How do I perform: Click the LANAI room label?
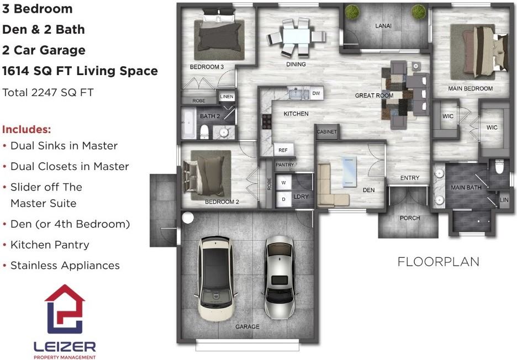[383, 26]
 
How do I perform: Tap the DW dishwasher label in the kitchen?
[316, 93]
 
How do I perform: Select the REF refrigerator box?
[283, 150]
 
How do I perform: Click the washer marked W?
[283, 183]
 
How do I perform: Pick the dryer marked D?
[283, 199]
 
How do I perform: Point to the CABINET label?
[327, 131]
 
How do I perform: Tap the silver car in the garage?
[279, 277]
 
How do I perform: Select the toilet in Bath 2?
[204, 131]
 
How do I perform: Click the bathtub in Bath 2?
[189, 124]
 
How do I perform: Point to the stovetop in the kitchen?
[266, 121]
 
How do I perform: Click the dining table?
[296, 36]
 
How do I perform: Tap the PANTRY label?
[284, 165]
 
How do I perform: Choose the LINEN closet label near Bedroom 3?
[226, 97]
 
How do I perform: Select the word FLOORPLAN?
[438, 262]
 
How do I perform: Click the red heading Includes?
[27, 129]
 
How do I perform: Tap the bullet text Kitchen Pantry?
[50, 245]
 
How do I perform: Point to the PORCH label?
[410, 218]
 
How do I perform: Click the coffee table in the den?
[350, 172]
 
